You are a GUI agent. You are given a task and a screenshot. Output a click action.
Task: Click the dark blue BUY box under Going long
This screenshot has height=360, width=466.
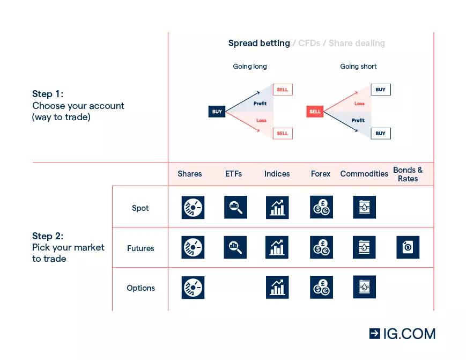217,112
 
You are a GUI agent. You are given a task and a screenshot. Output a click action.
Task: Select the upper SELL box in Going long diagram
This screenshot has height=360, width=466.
283,90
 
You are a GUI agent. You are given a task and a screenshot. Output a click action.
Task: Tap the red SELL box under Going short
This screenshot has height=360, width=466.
315,112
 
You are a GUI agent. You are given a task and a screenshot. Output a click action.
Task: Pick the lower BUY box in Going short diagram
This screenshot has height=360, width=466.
380,133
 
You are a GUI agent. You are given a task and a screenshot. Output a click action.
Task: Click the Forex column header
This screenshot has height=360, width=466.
321,174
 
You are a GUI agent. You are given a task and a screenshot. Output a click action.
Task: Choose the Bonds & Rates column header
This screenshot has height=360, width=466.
408,174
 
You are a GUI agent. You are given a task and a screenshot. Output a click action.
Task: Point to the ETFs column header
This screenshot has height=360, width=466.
233,174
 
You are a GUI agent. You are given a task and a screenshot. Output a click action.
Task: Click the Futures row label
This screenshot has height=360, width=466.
140,248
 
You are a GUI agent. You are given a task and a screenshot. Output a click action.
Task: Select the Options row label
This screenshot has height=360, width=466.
140,288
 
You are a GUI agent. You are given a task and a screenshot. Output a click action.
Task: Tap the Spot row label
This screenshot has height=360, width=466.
140,208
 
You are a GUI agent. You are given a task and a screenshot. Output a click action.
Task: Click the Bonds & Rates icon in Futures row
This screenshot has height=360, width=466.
408,247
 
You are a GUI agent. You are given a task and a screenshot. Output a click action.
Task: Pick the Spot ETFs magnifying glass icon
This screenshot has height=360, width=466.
235,207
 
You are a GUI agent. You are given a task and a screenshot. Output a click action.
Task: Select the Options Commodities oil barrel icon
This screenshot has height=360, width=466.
364,287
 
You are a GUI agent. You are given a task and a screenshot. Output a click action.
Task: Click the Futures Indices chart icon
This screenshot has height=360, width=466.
277,247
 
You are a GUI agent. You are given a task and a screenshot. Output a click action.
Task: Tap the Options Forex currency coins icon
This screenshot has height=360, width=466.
321,287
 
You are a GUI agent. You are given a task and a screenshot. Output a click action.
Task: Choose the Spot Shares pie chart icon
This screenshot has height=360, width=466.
193,207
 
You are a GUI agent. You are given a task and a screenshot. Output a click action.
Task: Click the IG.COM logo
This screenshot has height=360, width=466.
402,333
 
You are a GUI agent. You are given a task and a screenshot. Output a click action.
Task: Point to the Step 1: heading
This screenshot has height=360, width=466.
48,94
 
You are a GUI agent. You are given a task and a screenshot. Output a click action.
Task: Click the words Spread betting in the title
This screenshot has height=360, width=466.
259,43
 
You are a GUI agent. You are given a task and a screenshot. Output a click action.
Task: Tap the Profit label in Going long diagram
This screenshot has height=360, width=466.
260,104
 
